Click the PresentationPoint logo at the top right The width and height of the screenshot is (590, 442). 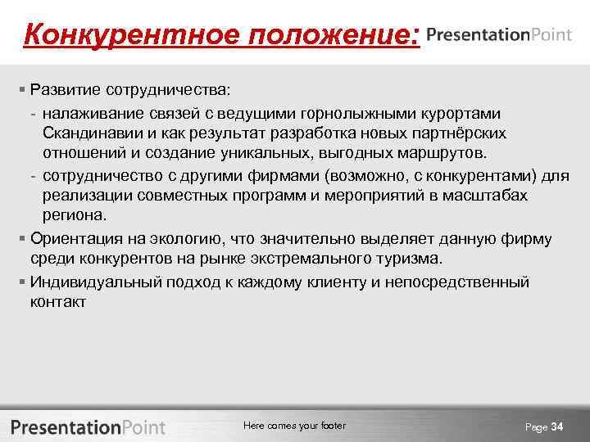tap(503, 34)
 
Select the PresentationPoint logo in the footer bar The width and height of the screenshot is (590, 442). tap(88, 426)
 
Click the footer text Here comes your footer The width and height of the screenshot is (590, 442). tap(294, 426)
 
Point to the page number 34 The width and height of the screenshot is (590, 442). tap(557, 426)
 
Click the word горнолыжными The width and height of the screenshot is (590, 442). tap(354, 111)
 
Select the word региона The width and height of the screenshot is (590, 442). tap(75, 216)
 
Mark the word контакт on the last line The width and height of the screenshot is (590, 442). tap(57, 301)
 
